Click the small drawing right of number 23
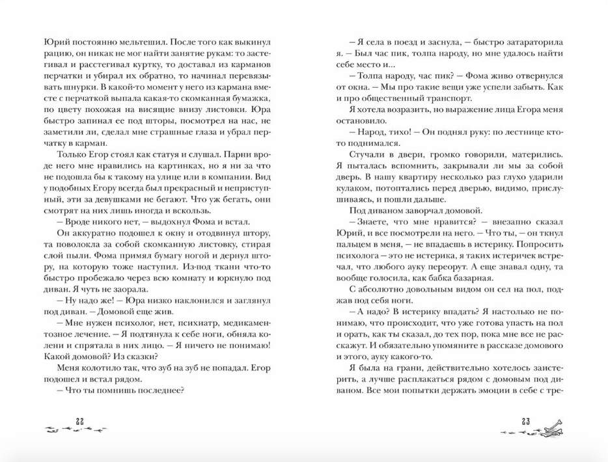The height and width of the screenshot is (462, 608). (549, 428)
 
